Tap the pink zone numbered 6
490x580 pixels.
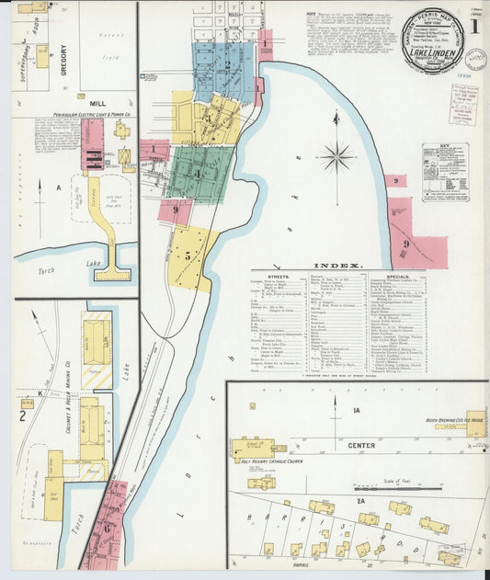(107, 528)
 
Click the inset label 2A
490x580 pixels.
(361, 502)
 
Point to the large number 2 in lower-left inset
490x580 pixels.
(22, 415)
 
